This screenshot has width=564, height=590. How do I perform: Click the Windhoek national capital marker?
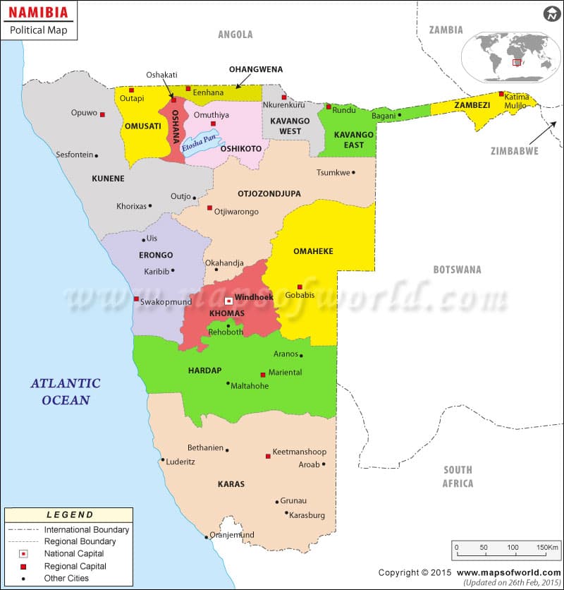[x=228, y=301]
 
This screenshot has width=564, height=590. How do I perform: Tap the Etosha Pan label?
[x=197, y=144]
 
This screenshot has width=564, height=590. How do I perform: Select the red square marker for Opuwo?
[x=102, y=114]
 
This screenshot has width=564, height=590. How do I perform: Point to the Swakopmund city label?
[x=164, y=301]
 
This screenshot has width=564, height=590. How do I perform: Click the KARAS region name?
[x=231, y=484]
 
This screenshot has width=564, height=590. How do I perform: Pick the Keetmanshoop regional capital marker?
[x=268, y=456]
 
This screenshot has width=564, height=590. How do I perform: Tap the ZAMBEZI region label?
[x=472, y=105]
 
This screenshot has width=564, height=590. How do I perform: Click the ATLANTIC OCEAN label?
[x=66, y=392]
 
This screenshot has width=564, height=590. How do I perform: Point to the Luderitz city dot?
[x=163, y=460]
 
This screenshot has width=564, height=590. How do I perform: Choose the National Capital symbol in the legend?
[x=23, y=553]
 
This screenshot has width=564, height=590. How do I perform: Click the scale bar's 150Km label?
[x=546, y=547]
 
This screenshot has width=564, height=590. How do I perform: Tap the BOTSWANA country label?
[x=457, y=270]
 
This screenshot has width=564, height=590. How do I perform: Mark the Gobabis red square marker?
[x=300, y=287]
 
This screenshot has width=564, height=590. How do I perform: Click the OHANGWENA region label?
[x=256, y=69]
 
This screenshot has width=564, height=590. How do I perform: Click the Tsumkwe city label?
[x=333, y=172]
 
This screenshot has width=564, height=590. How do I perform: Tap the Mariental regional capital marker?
[x=263, y=375]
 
